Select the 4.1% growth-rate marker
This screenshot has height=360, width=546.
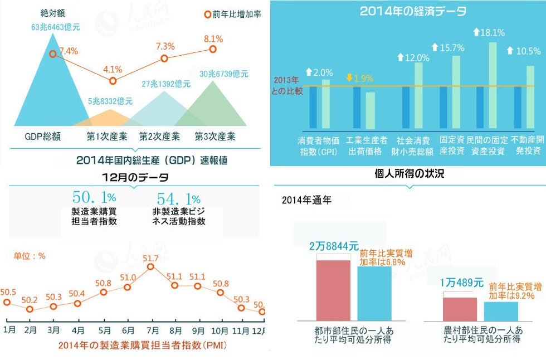(113, 81)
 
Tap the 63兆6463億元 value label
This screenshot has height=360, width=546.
(56, 26)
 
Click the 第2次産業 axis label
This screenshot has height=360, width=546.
(159, 136)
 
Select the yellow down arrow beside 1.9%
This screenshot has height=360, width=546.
(349, 77)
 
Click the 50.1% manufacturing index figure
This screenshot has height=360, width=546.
(94, 198)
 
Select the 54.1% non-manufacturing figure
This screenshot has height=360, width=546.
(178, 198)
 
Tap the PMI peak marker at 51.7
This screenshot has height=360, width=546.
(150, 267)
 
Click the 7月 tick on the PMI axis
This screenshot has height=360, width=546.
(150, 329)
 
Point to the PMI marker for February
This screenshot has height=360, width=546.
(30, 309)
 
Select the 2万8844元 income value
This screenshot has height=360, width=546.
(334, 246)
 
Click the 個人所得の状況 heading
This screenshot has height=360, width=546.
(409, 174)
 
